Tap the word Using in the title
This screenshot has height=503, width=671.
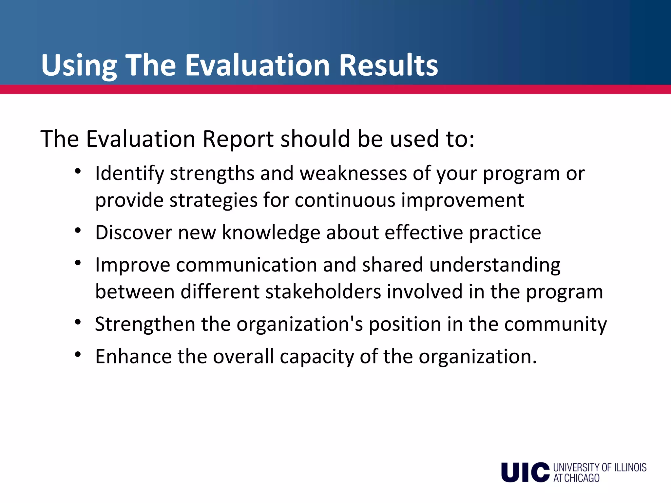[79, 65]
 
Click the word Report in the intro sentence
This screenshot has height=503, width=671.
[238, 139]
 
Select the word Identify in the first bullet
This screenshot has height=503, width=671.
[129, 174]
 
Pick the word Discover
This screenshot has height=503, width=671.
[134, 233]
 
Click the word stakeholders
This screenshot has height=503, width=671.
[323, 291]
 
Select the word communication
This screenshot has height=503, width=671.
[246, 265]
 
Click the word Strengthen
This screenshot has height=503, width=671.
[145, 324]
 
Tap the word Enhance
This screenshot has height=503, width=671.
[133, 356]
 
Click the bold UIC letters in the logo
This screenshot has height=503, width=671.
[525, 472]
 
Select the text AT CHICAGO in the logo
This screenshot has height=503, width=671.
[576, 478]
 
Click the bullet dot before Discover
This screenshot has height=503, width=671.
[78, 231]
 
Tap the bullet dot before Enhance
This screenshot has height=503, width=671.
[78, 355]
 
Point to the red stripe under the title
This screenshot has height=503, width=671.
[335, 89]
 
